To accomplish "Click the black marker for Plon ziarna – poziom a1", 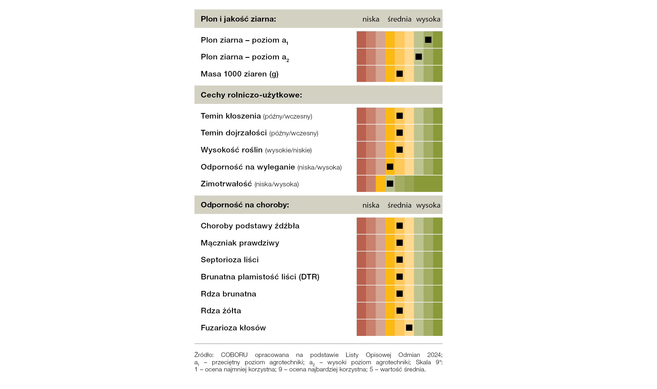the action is (428, 40).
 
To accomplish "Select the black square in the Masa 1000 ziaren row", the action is (399, 74).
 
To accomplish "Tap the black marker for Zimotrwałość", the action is (390, 183).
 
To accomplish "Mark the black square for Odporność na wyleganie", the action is (390, 167).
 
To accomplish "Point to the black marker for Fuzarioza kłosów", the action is (409, 327).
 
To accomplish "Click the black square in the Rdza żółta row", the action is (399, 310).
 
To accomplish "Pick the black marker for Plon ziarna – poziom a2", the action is (419, 57).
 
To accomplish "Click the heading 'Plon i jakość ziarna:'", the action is (238, 19).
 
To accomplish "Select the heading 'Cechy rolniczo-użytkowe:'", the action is (251, 95).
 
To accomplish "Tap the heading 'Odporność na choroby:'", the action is (245, 205).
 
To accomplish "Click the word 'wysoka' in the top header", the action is (428, 19).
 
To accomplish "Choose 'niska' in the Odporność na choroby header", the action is (371, 205).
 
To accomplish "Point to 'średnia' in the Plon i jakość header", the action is (399, 19).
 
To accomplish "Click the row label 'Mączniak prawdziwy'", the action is (240, 243).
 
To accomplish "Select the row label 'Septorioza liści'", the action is (230, 260).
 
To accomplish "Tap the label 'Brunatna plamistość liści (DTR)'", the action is (260, 277).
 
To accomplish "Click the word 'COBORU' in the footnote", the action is (234, 355).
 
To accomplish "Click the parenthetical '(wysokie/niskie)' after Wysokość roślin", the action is (288, 150).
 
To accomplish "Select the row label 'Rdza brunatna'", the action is (228, 294).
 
